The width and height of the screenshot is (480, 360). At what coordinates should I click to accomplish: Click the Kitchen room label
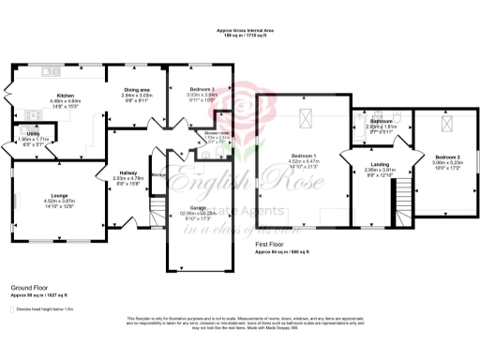(x=65, y=96)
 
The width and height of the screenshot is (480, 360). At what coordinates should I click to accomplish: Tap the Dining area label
(x=137, y=90)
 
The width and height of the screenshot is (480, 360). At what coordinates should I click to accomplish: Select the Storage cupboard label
(x=158, y=173)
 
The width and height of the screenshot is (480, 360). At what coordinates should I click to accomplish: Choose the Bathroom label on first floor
(x=381, y=121)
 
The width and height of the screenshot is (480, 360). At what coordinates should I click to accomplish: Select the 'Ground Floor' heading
(x=31, y=289)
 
